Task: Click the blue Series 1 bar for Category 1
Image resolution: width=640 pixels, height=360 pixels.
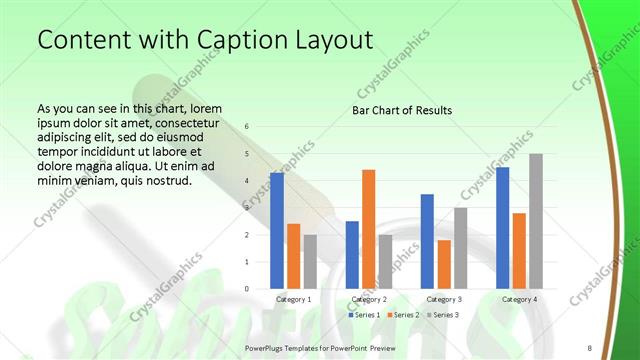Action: point(277,231)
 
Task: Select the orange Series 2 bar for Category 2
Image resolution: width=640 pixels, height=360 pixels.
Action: point(368,229)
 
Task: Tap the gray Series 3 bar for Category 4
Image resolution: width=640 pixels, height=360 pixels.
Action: point(535,221)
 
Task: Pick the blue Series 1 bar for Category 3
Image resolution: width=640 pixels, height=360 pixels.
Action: point(427,241)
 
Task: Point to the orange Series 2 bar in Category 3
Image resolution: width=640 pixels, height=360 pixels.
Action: point(443,264)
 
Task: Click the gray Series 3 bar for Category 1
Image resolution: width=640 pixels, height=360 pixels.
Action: point(310,261)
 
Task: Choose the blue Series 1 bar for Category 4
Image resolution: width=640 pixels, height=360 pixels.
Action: point(502,228)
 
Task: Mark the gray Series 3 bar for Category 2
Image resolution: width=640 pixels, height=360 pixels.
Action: point(385,261)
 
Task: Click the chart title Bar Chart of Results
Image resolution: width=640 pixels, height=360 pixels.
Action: point(402,110)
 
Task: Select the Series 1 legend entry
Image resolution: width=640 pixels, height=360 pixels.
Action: point(363,315)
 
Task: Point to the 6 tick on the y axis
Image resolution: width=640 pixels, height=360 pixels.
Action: point(247,127)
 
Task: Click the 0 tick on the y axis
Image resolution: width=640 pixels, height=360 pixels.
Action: point(247,289)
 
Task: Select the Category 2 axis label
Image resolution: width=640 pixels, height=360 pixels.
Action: point(369,299)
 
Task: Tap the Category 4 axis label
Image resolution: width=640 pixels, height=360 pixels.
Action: point(519,299)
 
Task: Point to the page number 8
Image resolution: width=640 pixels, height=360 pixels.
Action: point(590,347)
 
